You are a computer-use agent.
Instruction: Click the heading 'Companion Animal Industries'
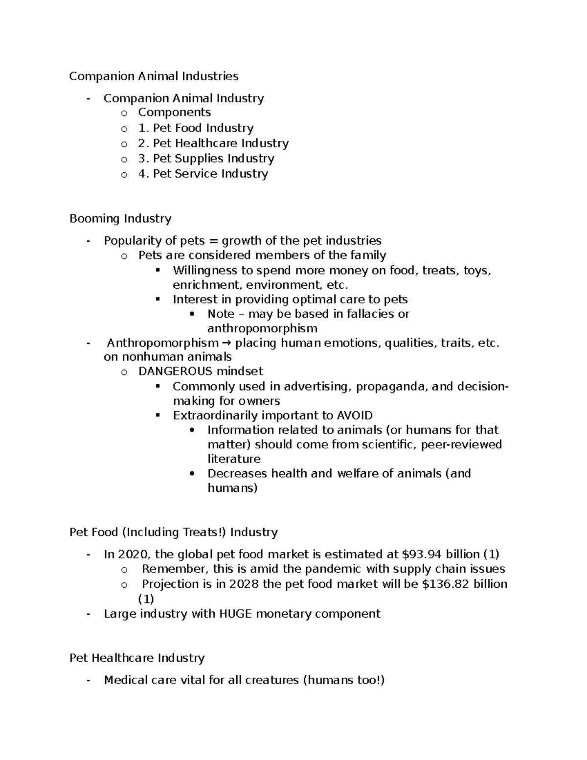pyautogui.click(x=154, y=76)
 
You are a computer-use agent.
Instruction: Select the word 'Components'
pyautogui.click(x=174, y=112)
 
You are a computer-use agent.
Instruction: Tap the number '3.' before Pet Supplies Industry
pyautogui.click(x=144, y=158)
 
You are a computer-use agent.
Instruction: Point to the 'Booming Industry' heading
pyautogui.click(x=120, y=218)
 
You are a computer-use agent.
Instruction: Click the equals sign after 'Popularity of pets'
pyautogui.click(x=212, y=241)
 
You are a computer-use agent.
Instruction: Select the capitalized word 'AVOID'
pyautogui.click(x=355, y=415)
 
